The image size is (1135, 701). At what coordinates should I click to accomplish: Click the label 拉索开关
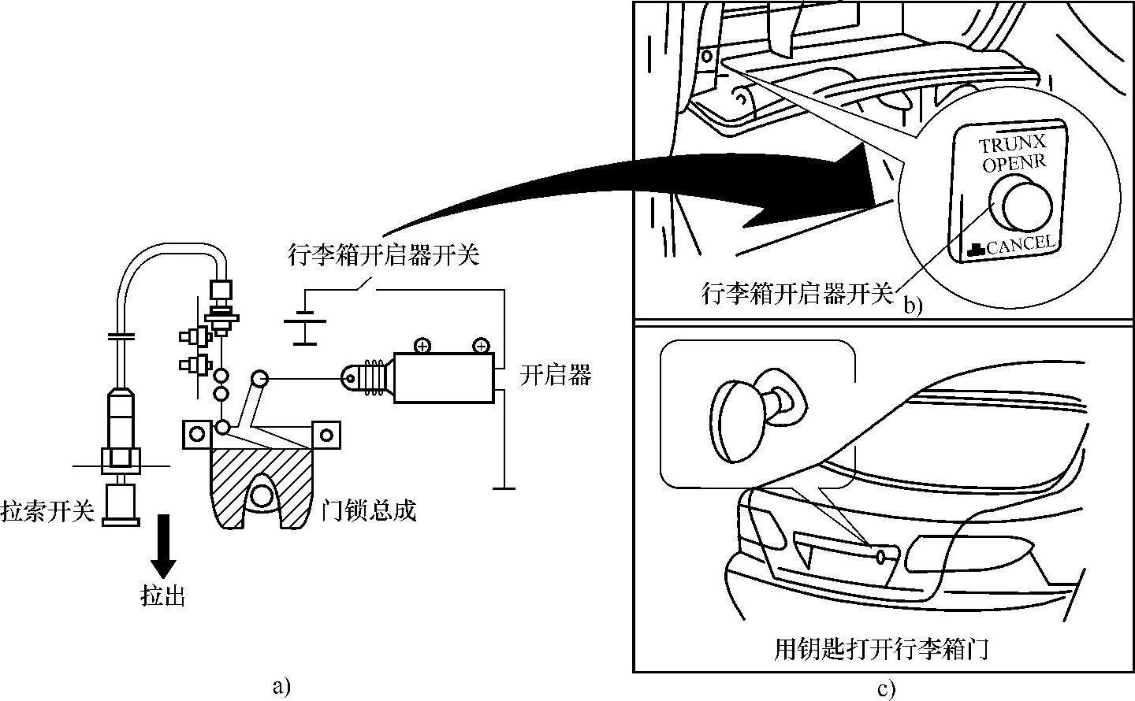(x=47, y=510)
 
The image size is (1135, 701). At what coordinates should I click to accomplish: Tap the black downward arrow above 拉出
(x=163, y=546)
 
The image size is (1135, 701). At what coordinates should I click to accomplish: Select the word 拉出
(x=162, y=595)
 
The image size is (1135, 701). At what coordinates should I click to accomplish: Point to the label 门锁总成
(x=369, y=510)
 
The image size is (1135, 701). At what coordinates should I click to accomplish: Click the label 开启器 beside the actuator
(x=556, y=376)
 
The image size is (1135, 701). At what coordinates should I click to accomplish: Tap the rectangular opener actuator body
(x=444, y=378)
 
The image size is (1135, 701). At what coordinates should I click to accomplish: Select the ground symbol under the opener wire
(x=504, y=488)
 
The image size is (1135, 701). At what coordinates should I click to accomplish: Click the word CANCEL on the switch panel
(x=1021, y=245)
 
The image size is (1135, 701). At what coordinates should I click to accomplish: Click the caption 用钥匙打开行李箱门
(x=881, y=649)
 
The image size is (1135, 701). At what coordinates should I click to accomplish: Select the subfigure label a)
(x=281, y=687)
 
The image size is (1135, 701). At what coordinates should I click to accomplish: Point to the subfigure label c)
(x=886, y=689)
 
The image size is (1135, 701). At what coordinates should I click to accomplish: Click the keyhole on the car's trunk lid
(x=880, y=557)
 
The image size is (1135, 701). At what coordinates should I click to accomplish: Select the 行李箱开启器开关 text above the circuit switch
(x=384, y=255)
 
